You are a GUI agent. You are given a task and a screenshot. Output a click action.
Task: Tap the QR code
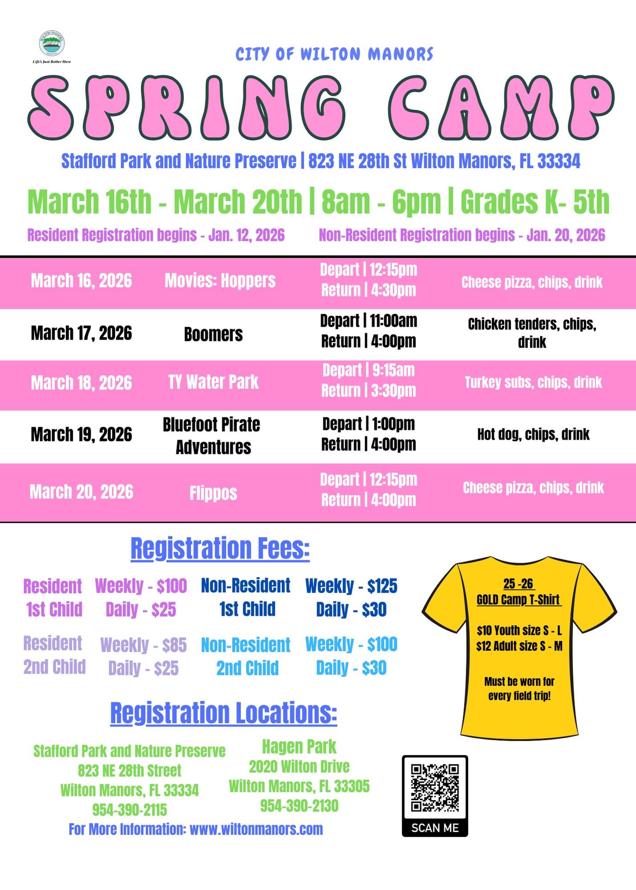435,788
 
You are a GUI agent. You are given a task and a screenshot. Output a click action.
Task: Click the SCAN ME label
435,828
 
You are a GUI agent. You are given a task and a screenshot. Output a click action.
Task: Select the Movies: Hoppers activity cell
220,281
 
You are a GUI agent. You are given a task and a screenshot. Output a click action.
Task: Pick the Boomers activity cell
213,334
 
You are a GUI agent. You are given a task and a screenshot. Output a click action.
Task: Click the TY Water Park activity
213,382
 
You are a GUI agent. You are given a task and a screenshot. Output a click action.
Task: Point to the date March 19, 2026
82,435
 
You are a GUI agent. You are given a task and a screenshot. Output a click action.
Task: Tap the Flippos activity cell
213,493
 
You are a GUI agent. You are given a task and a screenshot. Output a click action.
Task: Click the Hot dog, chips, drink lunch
533,434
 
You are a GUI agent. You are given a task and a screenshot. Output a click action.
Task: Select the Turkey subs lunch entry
533,382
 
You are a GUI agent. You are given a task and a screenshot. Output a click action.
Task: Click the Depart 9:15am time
368,370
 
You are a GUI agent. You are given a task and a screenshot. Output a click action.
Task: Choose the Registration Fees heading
220,548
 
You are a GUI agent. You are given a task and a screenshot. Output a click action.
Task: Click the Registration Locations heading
224,713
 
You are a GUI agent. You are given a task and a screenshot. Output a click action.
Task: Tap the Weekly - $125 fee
351,586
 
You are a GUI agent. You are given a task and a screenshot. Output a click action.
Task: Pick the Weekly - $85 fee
143,645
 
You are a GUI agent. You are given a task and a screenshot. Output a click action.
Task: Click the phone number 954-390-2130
299,806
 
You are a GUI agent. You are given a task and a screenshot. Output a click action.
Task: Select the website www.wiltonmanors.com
256,829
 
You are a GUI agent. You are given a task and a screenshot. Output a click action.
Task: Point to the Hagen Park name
299,747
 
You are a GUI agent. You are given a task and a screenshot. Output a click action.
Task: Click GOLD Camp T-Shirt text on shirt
518,599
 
